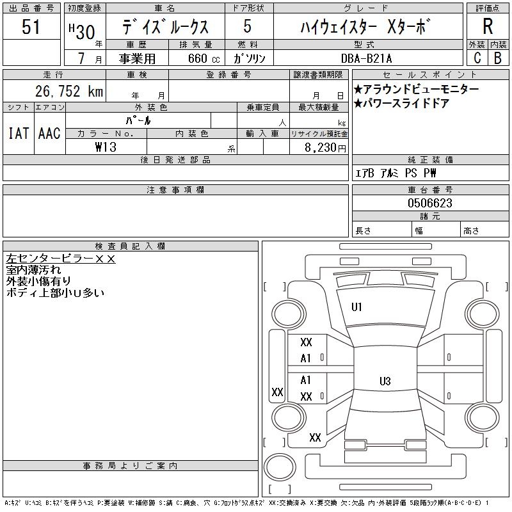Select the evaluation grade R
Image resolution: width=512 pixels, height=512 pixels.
pyautogui.click(x=488, y=27)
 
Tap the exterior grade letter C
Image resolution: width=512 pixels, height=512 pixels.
pyautogui.click(x=477, y=58)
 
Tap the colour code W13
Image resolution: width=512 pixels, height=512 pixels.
pyautogui.click(x=105, y=147)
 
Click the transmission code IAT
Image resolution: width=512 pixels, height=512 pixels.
pyautogui.click(x=18, y=133)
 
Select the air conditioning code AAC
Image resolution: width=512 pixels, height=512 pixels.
pyautogui.click(x=49, y=133)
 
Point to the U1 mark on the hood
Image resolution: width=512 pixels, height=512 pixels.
pyautogui.click(x=356, y=307)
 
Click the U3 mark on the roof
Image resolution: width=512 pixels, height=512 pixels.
pyautogui.click(x=385, y=381)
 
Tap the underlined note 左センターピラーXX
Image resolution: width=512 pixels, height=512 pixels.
pyautogui.click(x=60, y=259)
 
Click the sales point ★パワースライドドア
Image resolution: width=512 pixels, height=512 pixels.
pyautogui.click(x=401, y=103)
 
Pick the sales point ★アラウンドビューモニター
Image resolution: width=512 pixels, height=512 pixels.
pyautogui.click(x=416, y=90)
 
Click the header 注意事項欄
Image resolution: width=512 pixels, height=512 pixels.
pyautogui.click(x=175, y=190)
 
